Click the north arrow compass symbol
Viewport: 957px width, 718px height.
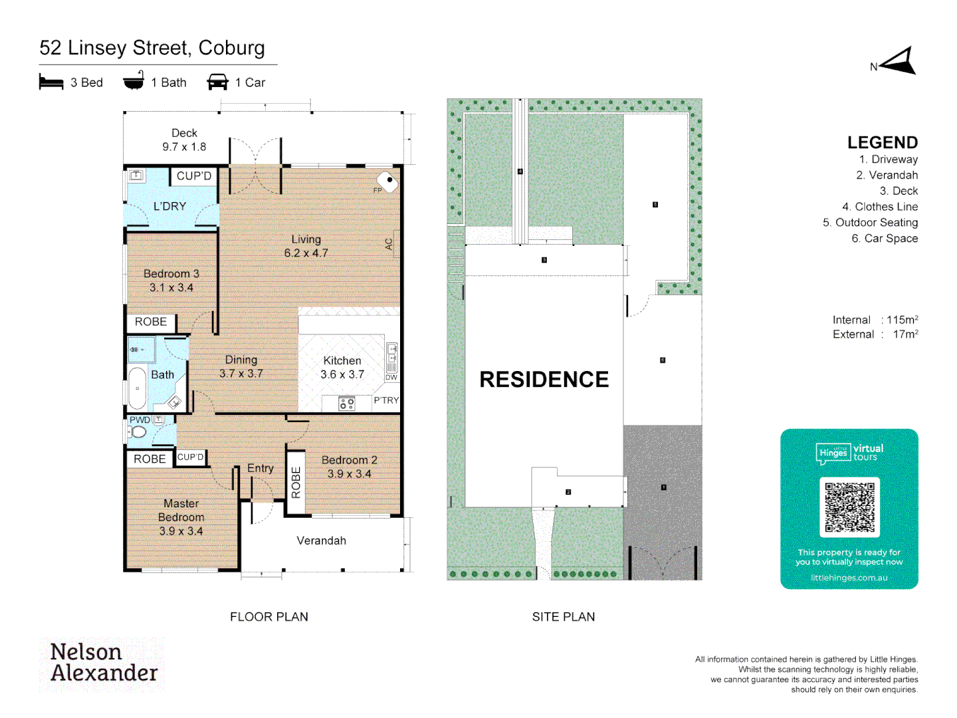point(899,62)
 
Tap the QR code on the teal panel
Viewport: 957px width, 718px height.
point(849,507)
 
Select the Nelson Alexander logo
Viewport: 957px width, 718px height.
point(103,663)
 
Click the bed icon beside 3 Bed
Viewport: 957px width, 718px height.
point(51,82)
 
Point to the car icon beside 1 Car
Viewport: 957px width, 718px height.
point(217,82)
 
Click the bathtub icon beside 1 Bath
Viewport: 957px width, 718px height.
point(134,81)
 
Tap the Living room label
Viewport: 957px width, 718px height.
point(306,239)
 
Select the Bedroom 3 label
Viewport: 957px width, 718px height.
point(171,274)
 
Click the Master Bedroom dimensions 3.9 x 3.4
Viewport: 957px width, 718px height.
point(181,531)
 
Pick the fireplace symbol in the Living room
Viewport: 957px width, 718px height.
point(387,181)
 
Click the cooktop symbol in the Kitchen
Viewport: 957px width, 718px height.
point(346,403)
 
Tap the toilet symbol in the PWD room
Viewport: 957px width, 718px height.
point(138,432)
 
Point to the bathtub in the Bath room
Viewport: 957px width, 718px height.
point(137,388)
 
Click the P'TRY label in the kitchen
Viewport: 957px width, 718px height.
point(385,400)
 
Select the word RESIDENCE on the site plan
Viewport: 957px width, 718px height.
point(544,380)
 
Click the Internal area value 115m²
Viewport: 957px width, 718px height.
point(902,320)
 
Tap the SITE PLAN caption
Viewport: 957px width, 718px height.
point(563,617)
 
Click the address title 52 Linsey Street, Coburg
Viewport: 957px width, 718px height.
point(152,48)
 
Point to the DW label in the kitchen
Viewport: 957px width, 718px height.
point(391,377)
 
